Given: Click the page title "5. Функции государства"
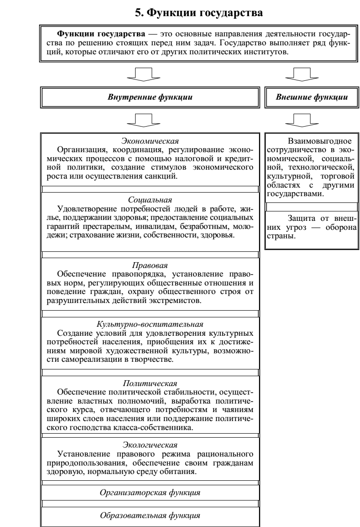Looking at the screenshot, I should (199, 13).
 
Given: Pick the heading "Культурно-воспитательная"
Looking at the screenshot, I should (150, 323).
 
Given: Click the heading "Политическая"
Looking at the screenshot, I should (150, 384).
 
